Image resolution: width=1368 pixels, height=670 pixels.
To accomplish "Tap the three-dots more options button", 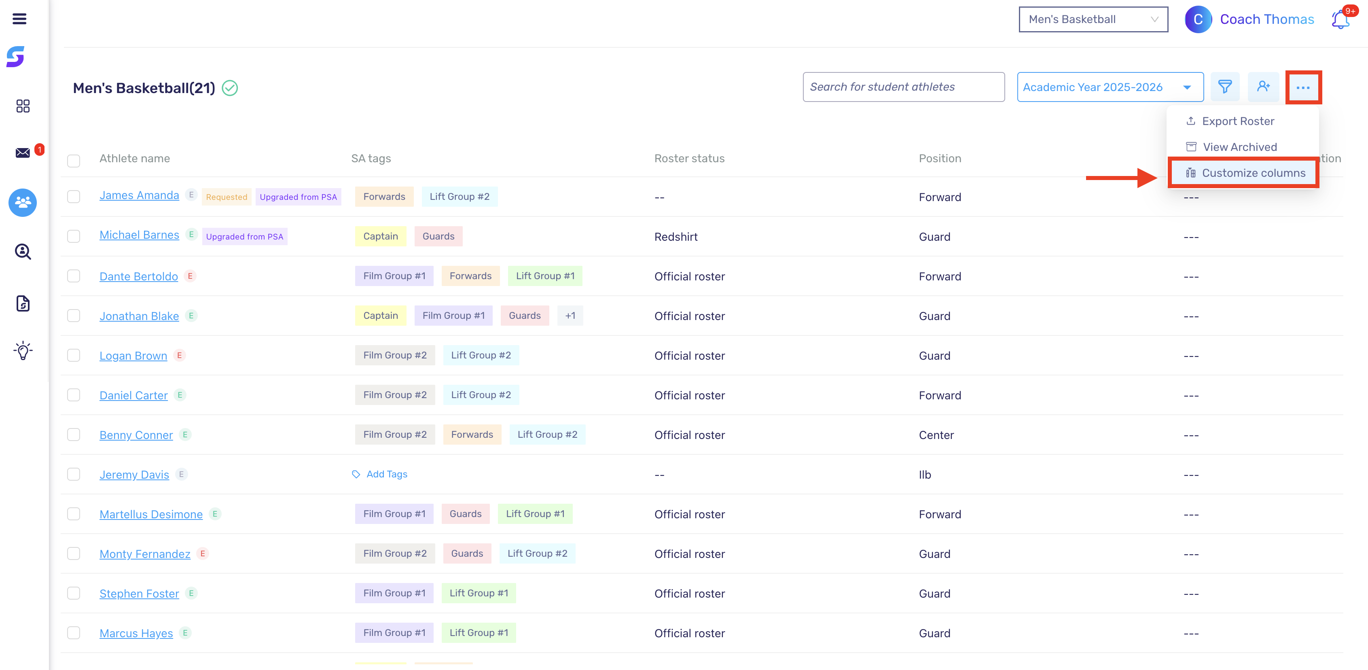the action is coord(1303,87).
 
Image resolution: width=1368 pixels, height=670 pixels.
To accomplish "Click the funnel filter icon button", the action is coord(1225,87).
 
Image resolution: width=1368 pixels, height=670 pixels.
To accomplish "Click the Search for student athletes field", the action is coord(903,87).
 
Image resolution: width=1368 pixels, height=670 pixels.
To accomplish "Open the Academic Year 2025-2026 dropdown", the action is coord(1110,87).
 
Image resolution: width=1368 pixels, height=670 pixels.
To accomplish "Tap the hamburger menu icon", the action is coord(20,19).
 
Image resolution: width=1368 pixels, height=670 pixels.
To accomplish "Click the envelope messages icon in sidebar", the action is coord(23,153).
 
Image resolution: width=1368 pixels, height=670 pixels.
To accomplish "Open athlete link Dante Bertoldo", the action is coord(139,276).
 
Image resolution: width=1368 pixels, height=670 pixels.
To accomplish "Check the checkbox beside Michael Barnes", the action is coord(74,236).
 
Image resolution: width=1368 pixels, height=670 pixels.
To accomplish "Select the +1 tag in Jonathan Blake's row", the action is coord(570,316).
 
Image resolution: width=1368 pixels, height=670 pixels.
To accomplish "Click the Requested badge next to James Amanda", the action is coord(227,197).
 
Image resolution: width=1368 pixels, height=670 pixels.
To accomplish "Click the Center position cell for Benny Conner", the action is coord(936,435).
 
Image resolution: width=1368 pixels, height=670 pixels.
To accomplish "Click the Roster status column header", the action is coord(689,158).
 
